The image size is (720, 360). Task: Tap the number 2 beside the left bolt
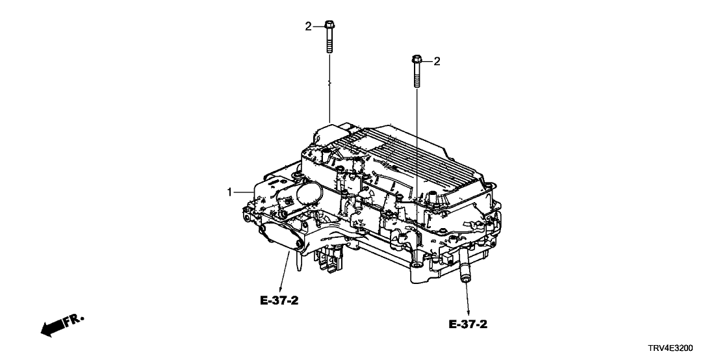click(309, 26)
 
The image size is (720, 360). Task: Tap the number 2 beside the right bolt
click(437, 62)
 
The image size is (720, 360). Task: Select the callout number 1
click(229, 192)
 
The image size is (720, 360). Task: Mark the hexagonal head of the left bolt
click(329, 26)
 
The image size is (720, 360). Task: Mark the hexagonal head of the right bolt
click(416, 62)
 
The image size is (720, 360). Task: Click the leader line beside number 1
click(244, 192)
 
